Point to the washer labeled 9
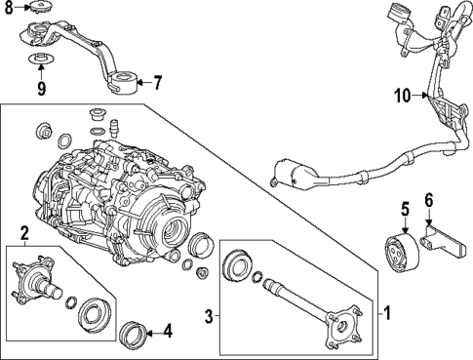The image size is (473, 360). coord(39,66)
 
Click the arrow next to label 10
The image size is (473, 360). coord(424,96)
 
